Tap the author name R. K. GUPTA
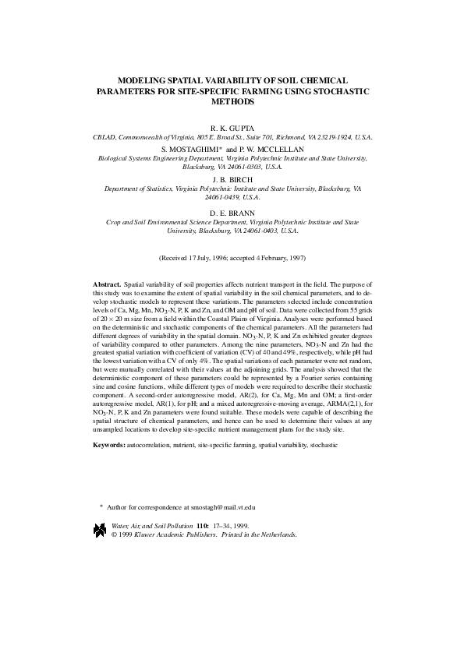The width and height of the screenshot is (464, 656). [x=232, y=126]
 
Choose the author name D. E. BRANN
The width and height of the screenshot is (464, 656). [x=232, y=212]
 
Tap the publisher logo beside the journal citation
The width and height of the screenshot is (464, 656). [x=99, y=531]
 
